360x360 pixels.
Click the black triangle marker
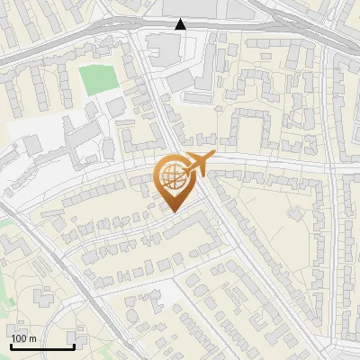coord(180,24)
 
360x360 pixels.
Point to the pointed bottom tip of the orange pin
coord(172,212)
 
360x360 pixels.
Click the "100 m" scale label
coord(23,338)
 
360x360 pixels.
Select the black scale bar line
coord(41,346)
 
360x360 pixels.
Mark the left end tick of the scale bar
coord(11,344)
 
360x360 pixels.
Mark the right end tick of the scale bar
coord(73,344)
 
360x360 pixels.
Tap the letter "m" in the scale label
coord(31,338)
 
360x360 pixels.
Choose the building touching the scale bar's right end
coord(79,341)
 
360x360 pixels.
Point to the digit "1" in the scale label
coord(13,338)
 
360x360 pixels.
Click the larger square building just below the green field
coord(115,107)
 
